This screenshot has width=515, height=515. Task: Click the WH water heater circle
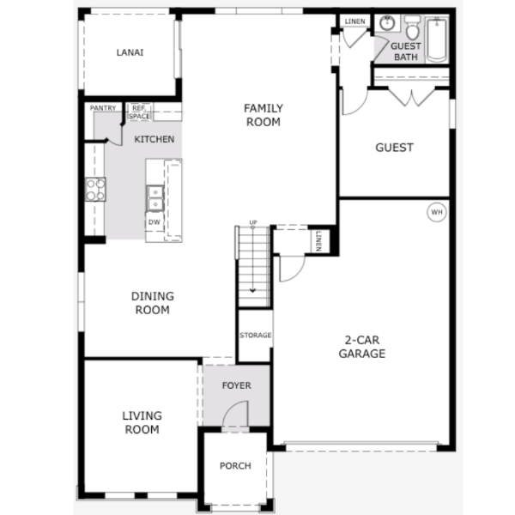click(437, 212)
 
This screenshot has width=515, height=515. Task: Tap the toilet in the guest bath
click(413, 27)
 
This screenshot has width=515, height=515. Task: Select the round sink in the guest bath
click(387, 22)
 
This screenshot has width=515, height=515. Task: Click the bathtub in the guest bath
click(437, 39)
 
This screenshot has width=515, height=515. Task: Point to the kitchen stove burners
click(95, 190)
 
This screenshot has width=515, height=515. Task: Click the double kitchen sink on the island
click(155, 198)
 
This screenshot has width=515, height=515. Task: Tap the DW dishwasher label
click(154, 222)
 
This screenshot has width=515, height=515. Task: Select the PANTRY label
click(103, 108)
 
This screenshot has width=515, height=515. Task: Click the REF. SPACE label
click(139, 112)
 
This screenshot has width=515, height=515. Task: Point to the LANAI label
click(130, 52)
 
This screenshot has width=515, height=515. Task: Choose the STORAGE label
click(255, 335)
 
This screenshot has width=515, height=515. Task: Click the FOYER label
click(237, 385)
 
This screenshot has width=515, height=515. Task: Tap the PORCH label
click(235, 466)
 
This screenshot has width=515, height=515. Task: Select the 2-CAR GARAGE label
click(362, 347)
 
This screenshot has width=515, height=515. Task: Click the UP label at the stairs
click(253, 222)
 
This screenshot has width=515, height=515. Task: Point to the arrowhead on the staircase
click(252, 290)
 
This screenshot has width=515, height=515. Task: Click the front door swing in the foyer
click(235, 413)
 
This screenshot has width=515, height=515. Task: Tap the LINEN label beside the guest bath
click(354, 21)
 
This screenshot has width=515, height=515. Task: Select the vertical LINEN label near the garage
click(318, 241)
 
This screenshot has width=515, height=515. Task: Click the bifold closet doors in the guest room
click(411, 96)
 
